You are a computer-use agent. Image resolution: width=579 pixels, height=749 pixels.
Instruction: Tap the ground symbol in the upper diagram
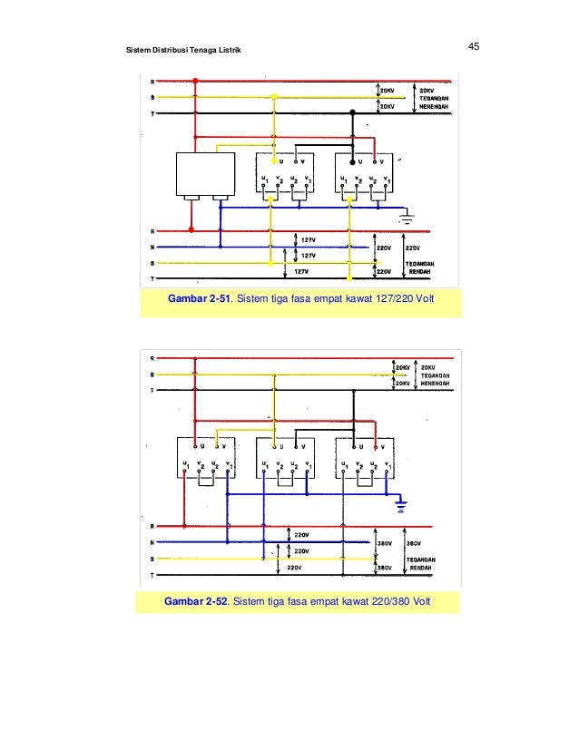[407, 218]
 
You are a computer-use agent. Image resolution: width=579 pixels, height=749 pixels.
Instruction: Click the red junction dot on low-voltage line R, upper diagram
[191, 230]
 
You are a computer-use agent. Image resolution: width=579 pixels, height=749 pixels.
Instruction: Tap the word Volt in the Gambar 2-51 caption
[423, 300]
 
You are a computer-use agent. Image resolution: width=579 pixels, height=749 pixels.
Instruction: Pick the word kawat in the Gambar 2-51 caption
[359, 300]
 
